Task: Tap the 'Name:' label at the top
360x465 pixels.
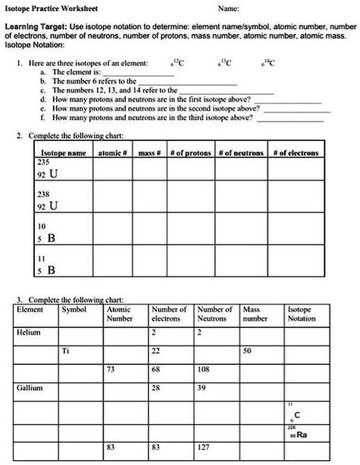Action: click(x=229, y=9)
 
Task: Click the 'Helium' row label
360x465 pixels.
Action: click(x=28, y=332)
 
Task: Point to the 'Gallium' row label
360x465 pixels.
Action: click(x=29, y=386)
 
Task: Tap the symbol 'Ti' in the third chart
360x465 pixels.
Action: click(x=67, y=350)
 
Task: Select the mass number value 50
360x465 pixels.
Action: click(x=246, y=350)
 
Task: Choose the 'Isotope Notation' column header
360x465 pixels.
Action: click(x=301, y=313)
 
